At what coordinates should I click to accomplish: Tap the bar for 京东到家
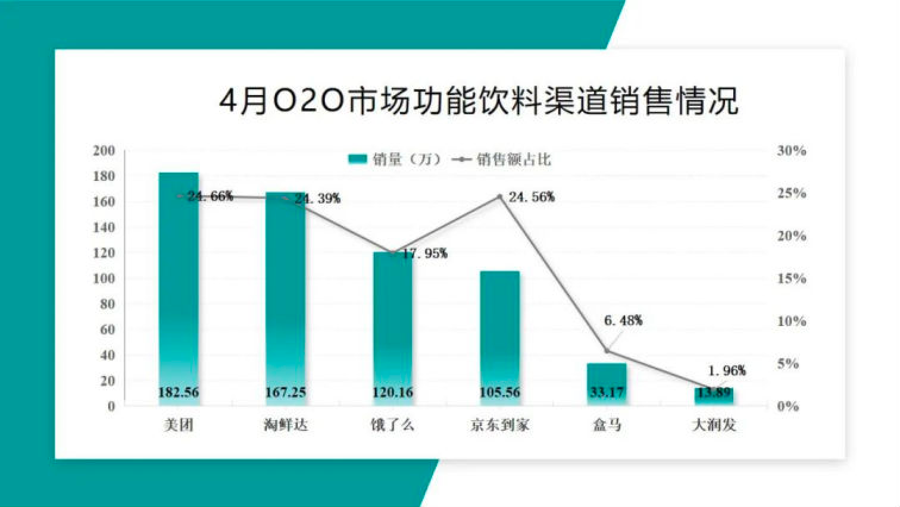point(499,333)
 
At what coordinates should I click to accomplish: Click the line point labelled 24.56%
point(500,196)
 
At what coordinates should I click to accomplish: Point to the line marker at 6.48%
point(607,351)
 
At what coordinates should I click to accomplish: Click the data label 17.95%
point(424,253)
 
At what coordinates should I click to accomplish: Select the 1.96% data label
point(726,371)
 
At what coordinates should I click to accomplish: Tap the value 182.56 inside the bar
point(179,393)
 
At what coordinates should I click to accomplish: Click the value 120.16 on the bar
point(393,393)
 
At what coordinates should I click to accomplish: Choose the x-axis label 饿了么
point(392,425)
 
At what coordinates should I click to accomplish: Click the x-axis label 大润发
point(714,425)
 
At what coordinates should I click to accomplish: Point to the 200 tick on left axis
point(104,151)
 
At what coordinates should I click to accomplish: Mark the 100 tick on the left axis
point(104,278)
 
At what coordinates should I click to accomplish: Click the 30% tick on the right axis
point(791,151)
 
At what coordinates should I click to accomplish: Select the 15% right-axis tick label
point(791,278)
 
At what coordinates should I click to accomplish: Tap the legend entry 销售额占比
point(504,159)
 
